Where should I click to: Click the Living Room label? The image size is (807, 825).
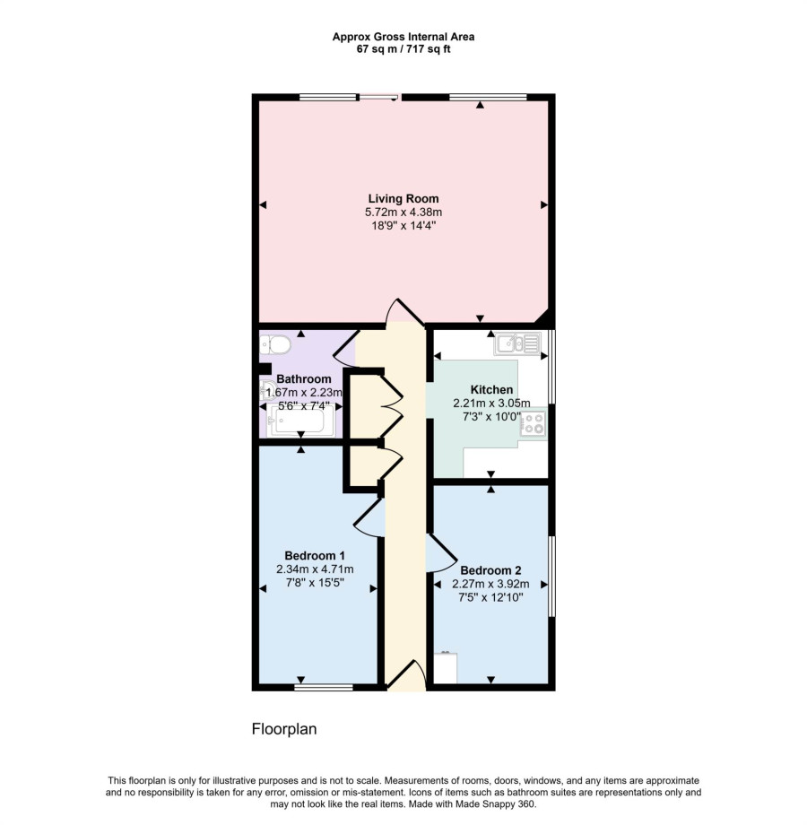(x=403, y=199)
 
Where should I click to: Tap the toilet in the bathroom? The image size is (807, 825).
(x=275, y=345)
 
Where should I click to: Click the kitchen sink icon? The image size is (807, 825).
(x=517, y=343)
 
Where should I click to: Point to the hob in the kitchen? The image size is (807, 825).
(x=533, y=423)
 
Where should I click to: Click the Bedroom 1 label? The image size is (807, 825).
(x=315, y=556)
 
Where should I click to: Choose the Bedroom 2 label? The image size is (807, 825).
(x=490, y=570)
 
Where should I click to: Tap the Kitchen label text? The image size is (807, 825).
(x=491, y=390)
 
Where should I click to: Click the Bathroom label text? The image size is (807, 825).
(x=304, y=378)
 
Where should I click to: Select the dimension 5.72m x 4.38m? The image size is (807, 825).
(x=403, y=213)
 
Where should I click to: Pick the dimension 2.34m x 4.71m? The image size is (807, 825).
(x=315, y=569)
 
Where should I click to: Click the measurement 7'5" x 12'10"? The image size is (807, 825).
(x=490, y=598)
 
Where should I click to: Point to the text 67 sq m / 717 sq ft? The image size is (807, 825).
(x=403, y=49)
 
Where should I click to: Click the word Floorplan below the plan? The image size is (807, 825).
(x=284, y=729)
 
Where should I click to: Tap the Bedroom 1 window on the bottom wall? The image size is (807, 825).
(x=324, y=687)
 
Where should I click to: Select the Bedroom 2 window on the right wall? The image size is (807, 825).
(x=551, y=576)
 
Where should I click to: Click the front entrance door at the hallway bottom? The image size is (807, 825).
(x=406, y=674)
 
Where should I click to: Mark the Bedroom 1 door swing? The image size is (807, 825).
(x=369, y=517)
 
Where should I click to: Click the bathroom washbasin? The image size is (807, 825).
(x=265, y=390)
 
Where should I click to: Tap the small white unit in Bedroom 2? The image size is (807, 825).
(x=446, y=668)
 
